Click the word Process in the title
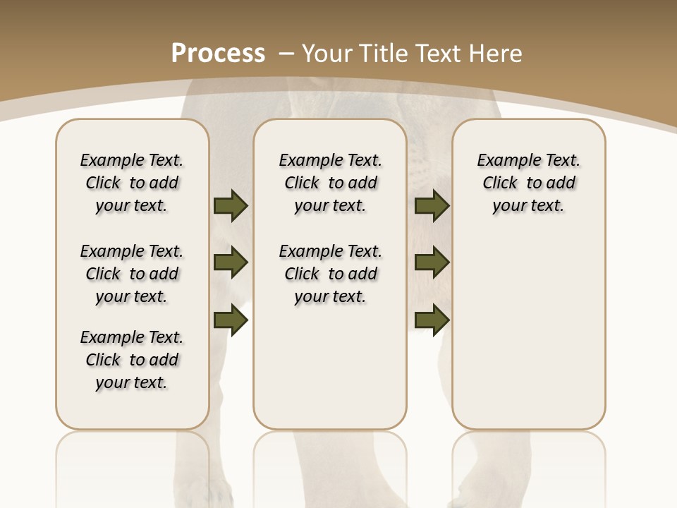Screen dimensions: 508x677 click(218, 53)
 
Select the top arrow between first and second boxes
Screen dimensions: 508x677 click(231, 205)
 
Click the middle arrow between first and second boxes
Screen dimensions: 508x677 click(231, 262)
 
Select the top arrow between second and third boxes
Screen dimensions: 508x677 click(432, 205)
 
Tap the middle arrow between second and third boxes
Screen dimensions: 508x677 click(432, 262)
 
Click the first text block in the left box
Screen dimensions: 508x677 click(132, 183)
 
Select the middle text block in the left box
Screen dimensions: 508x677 click(132, 274)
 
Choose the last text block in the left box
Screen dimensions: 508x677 click(132, 360)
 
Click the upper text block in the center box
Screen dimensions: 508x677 click(330, 183)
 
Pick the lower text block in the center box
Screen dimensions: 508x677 click(330, 274)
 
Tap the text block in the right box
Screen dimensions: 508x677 click(528, 183)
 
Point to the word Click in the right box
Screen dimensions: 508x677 click(500, 183)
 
